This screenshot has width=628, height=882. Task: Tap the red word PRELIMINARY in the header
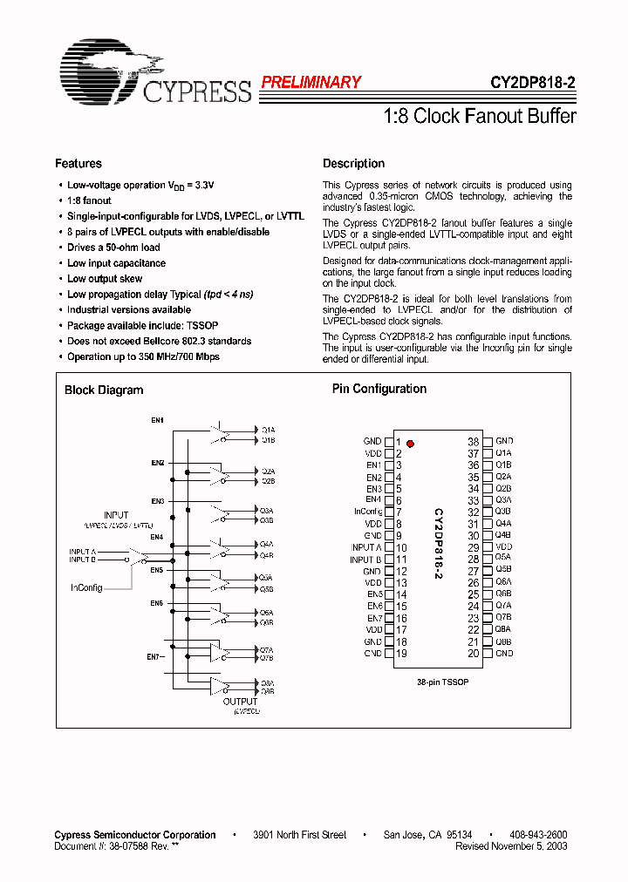[x=311, y=83]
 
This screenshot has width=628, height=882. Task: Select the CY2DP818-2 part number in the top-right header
[x=532, y=84]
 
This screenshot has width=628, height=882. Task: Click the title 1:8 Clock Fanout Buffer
[x=480, y=116]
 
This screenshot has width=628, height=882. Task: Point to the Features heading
[x=78, y=164]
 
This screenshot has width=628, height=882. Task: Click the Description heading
[x=353, y=164]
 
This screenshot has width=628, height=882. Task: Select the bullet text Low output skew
[x=104, y=279]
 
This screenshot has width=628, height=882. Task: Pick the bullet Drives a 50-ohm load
[x=113, y=248]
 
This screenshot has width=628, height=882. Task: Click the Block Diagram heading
[x=104, y=390]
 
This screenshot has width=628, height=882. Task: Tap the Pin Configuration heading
[x=379, y=390]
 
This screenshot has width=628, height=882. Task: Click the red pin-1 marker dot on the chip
[x=410, y=444]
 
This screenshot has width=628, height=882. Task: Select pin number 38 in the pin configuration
[x=474, y=442]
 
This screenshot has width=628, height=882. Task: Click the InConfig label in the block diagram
[x=86, y=588]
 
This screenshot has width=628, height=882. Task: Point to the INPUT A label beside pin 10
[x=365, y=547]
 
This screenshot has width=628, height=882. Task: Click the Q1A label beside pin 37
[x=503, y=454]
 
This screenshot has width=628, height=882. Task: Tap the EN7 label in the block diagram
[x=154, y=655]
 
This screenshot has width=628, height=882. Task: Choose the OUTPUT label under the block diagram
[x=240, y=702]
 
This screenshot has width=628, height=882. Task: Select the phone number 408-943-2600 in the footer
[x=537, y=835]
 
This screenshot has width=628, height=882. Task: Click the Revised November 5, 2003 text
[x=511, y=845]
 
